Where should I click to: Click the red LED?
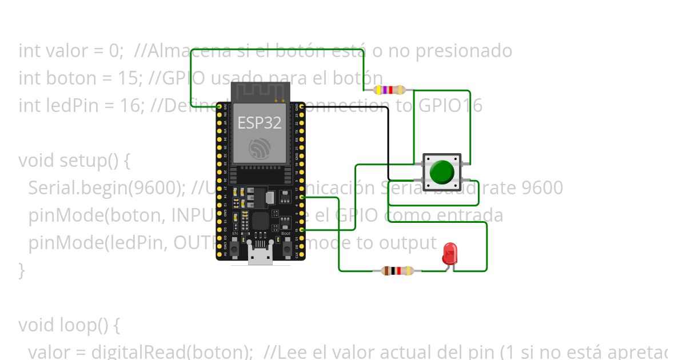[x=450, y=253]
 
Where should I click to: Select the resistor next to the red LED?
[x=397, y=271]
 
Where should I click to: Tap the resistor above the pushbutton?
[x=389, y=90]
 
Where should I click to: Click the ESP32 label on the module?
[x=260, y=122]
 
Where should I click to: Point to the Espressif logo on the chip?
[x=260, y=148]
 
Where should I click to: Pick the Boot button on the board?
[x=286, y=249]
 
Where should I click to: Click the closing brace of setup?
[x=22, y=270]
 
